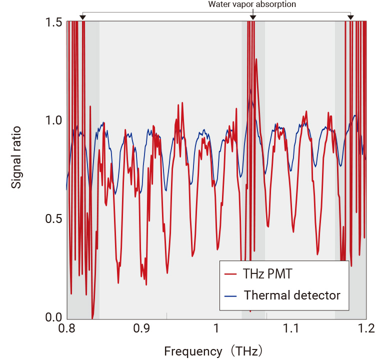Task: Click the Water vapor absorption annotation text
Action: [252, 4]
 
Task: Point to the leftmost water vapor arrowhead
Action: [83, 18]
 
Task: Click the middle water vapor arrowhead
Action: [252, 18]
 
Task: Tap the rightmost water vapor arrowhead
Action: [350, 18]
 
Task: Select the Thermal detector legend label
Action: [292, 295]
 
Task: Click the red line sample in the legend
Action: [230, 274]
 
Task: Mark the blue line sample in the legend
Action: [230, 295]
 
